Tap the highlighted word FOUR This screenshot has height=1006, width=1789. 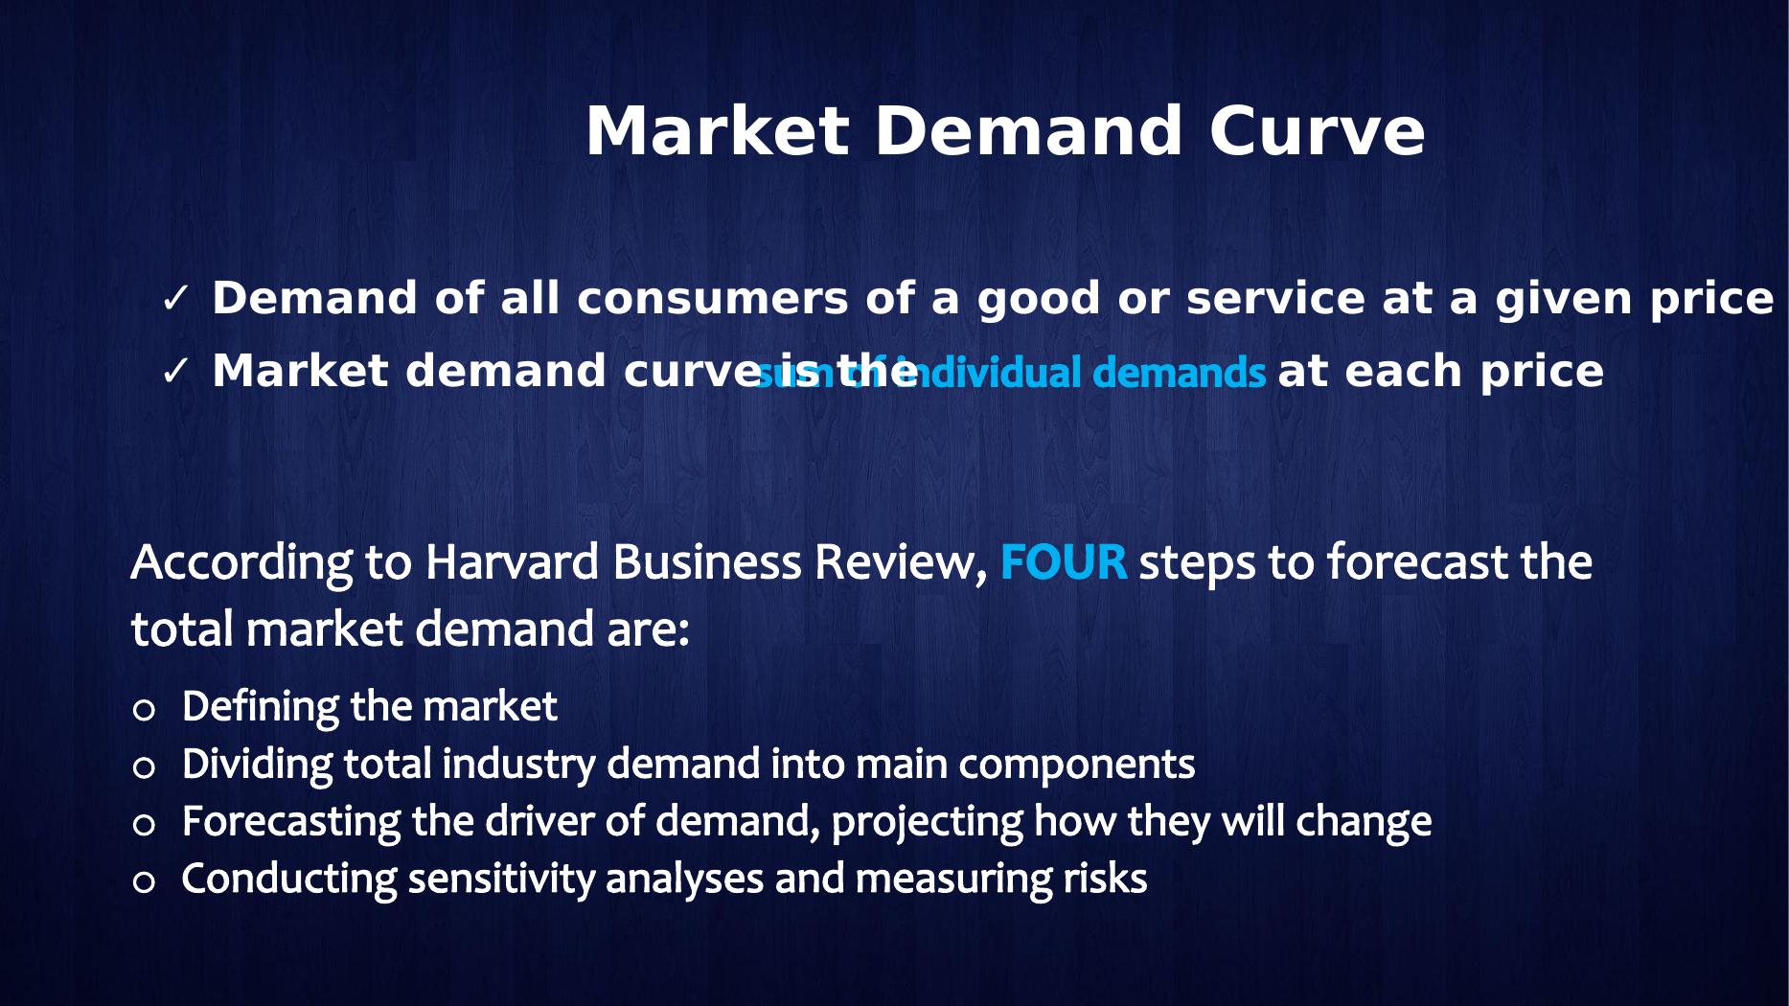tap(1063, 562)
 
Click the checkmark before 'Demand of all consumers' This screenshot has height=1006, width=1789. tap(175, 300)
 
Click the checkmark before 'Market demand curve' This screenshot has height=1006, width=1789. tap(175, 372)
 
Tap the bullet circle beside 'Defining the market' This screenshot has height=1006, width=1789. tap(144, 710)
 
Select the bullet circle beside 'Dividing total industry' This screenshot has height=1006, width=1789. tap(144, 767)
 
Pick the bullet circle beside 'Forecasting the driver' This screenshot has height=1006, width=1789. tap(144, 825)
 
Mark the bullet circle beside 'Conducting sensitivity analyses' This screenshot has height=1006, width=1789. tap(144, 882)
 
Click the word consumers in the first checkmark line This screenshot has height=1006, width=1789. tap(712, 299)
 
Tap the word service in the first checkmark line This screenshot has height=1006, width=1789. tap(1275, 299)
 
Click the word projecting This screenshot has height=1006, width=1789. tap(927, 822)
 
